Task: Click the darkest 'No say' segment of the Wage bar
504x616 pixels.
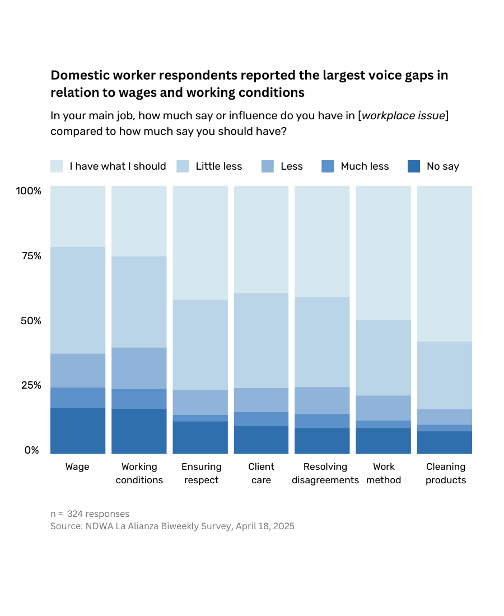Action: (78, 431)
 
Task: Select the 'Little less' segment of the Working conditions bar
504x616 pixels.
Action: (139, 302)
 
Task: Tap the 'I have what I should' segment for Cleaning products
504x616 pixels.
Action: (445, 263)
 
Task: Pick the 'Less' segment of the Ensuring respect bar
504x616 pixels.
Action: (200, 402)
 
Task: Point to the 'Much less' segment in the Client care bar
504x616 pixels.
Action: (261, 419)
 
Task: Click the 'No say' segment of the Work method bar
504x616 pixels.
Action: (383, 441)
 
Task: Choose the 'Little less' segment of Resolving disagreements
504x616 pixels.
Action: (322, 342)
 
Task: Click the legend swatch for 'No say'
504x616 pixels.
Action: (414, 166)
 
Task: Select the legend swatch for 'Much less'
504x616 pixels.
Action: (328, 166)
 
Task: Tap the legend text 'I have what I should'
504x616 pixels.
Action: (118, 166)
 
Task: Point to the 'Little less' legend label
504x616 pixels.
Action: (218, 166)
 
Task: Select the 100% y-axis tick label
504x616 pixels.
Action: (29, 191)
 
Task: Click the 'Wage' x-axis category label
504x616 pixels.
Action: (77, 466)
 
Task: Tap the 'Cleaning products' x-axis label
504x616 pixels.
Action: (446, 473)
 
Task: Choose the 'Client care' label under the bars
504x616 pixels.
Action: (261, 473)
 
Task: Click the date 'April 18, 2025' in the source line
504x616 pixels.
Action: (265, 526)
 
